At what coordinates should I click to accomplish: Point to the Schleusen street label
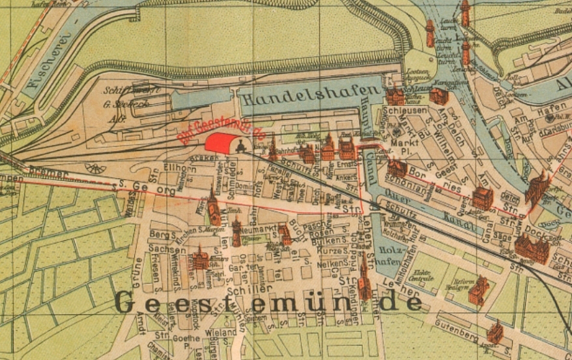click(405, 110)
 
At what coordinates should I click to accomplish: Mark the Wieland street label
click(224, 332)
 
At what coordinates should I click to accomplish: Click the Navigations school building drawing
click(439, 95)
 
